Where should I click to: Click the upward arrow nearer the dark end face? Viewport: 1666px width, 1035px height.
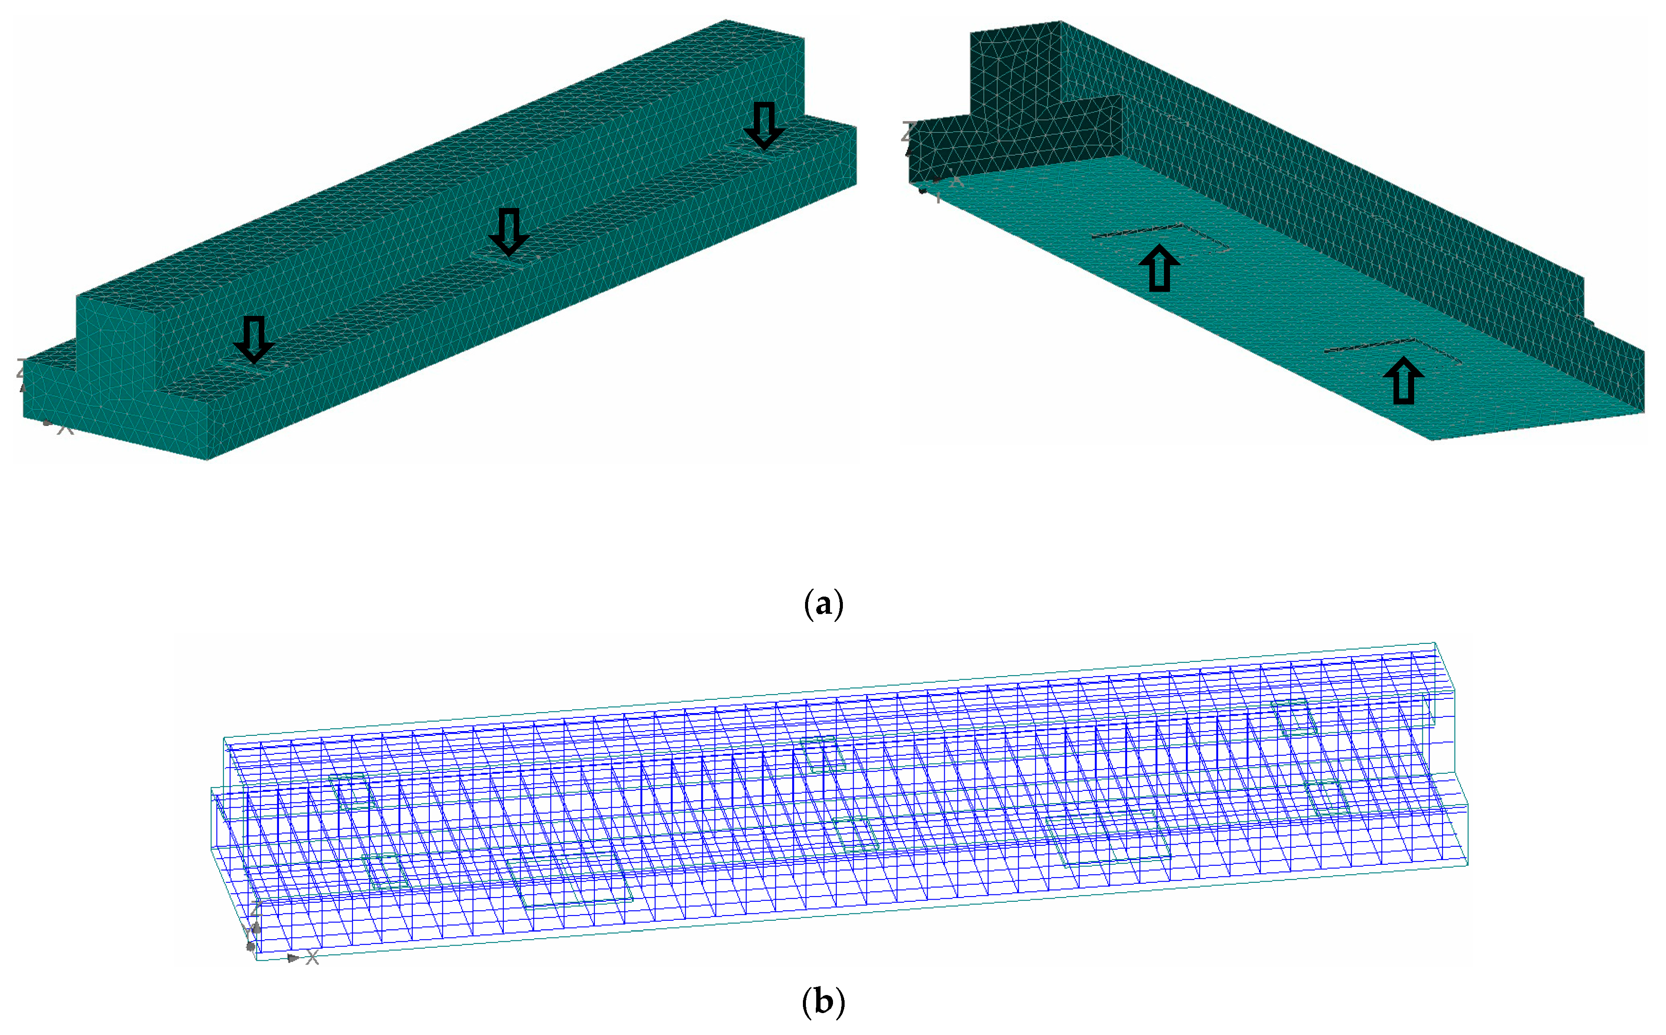[1159, 268]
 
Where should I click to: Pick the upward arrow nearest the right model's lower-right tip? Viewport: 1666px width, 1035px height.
[1403, 380]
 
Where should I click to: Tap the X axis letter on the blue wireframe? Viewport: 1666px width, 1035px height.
[312, 958]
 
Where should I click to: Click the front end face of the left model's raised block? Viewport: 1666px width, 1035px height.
[115, 342]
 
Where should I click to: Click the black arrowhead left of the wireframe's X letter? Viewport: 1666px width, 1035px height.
[293, 958]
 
